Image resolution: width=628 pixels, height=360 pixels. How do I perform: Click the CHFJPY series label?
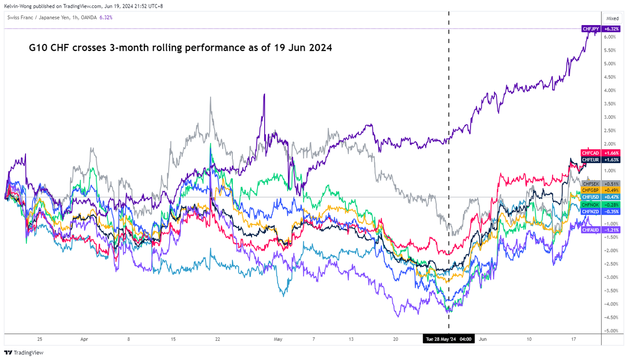tap(591, 29)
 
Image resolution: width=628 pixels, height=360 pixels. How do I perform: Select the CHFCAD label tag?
tap(591, 153)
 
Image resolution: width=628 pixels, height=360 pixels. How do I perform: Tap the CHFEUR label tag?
tap(591, 160)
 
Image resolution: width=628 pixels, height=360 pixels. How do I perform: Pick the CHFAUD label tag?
tap(591, 230)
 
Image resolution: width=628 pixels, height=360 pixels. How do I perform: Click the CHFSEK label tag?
tap(591, 183)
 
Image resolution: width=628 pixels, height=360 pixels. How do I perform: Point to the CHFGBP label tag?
tap(591, 190)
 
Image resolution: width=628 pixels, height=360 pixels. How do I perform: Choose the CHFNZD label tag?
tap(591, 211)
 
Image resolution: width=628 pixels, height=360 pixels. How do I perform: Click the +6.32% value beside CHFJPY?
tap(611, 29)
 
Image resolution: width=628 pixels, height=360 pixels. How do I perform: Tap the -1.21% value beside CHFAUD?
tap(611, 230)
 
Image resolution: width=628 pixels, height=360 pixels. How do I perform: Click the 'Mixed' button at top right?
tap(612, 18)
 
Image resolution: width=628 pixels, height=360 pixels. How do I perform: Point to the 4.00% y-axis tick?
tap(611, 91)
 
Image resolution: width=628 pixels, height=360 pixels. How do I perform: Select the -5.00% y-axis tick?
tap(611, 331)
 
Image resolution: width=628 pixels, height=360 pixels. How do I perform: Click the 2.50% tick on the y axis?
tap(611, 130)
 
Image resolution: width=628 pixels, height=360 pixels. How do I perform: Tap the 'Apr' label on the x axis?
tap(84, 339)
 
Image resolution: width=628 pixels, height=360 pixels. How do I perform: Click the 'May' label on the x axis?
tap(278, 339)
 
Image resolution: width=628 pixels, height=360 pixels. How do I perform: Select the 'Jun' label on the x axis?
tap(483, 339)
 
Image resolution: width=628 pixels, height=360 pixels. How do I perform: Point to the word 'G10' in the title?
tap(39, 48)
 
